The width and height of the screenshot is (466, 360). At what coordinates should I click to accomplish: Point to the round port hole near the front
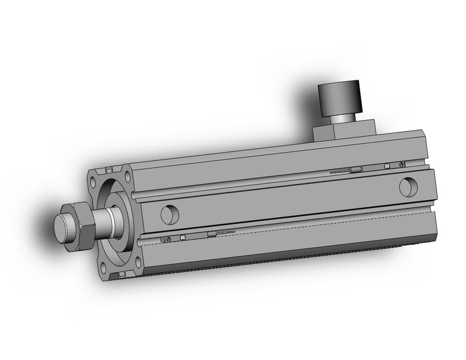coord(168,214)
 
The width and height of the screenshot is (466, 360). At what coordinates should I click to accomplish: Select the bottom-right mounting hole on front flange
coord(129,262)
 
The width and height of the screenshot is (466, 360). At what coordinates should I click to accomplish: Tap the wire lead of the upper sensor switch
coord(341,172)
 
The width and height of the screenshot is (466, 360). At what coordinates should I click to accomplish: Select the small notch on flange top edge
coord(109,169)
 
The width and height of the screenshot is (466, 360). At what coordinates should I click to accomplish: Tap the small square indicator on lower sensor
coord(181,239)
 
